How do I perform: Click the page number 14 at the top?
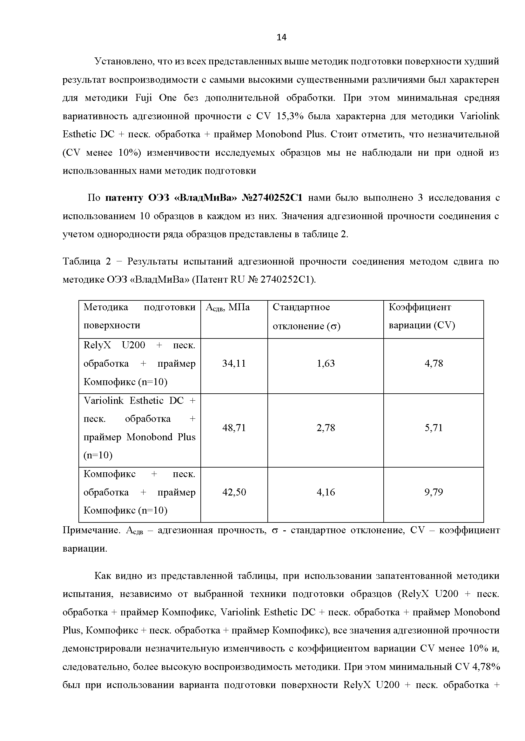tap(281, 37)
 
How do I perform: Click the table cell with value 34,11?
tap(234, 364)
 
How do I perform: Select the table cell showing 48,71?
tap(234, 428)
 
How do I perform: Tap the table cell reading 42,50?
tap(234, 492)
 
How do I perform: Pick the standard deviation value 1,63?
tap(326, 364)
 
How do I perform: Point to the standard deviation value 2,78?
tap(326, 428)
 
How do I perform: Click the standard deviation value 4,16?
tap(326, 492)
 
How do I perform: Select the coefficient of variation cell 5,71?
tap(434, 428)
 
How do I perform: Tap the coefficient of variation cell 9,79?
tap(434, 492)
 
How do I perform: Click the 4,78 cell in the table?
tap(434, 364)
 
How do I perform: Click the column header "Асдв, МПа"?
tap(228, 307)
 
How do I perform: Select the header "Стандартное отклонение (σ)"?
tap(306, 317)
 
